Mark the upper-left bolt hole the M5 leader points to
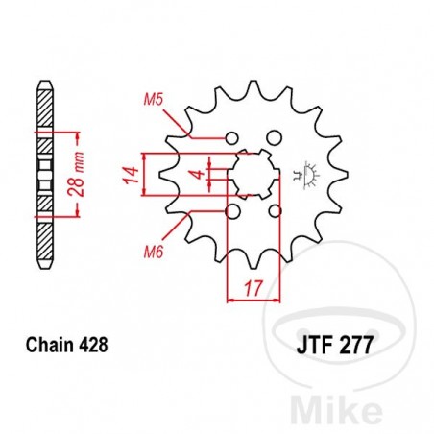tap(231, 135)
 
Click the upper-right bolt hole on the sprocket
tap(274, 135)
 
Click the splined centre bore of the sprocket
tap(253, 174)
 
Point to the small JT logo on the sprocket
tap(309, 173)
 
